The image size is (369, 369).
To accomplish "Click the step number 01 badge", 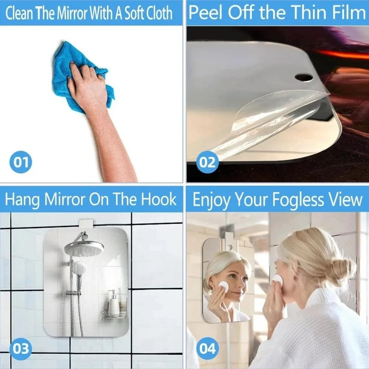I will [x=21, y=162].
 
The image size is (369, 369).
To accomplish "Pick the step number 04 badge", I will [x=207, y=348].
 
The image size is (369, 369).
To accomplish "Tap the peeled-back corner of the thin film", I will [x=258, y=115].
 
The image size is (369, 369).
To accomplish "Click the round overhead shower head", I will [x=84, y=248].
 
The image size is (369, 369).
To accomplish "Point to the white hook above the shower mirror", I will [x=84, y=224].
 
